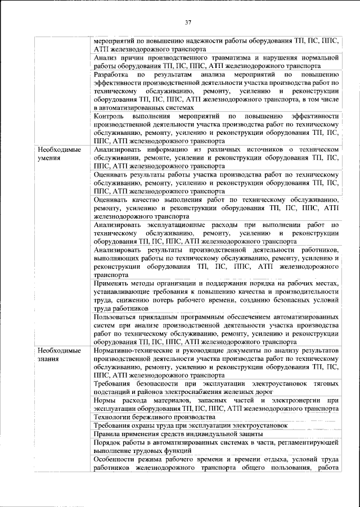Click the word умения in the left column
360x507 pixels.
49,159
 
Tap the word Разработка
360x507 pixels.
111,74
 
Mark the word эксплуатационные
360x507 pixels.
163,225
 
